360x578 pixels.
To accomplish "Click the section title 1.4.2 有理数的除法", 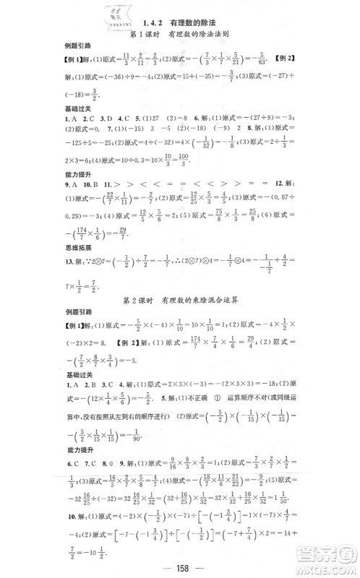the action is (180, 23).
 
